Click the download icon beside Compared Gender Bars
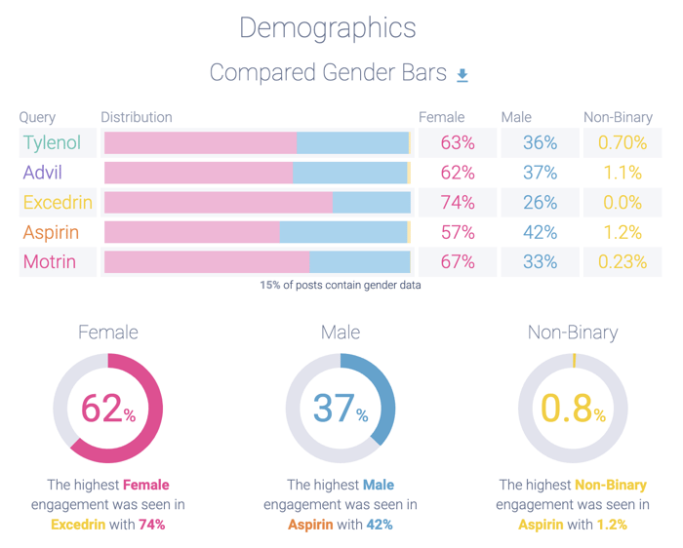[462, 75]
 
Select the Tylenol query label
[52, 142]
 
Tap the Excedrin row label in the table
[58, 203]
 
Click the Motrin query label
[50, 262]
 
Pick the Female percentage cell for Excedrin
[457, 203]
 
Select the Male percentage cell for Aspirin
[540, 232]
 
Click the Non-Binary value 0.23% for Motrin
[622, 262]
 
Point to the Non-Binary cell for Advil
[622, 173]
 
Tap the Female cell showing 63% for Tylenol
[457, 142]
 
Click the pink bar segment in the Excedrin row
[218, 203]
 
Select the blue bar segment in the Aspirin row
[343, 232]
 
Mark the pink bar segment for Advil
[198, 173]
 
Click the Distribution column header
[137, 117]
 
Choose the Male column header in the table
[516, 117]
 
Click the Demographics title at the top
[328, 27]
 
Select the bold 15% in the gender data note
[269, 286]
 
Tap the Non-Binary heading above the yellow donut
[573, 333]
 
